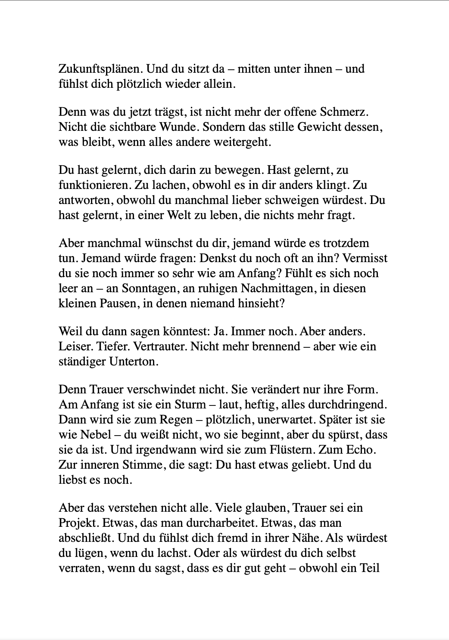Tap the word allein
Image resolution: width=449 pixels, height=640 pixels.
[x=220, y=84]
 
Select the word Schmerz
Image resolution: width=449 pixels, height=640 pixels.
[x=344, y=112]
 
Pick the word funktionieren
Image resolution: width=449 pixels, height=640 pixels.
[x=95, y=186]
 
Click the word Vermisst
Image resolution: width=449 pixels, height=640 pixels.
[x=365, y=259]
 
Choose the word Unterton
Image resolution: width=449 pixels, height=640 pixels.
[x=134, y=362]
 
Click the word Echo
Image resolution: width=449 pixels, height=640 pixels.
[x=360, y=450]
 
